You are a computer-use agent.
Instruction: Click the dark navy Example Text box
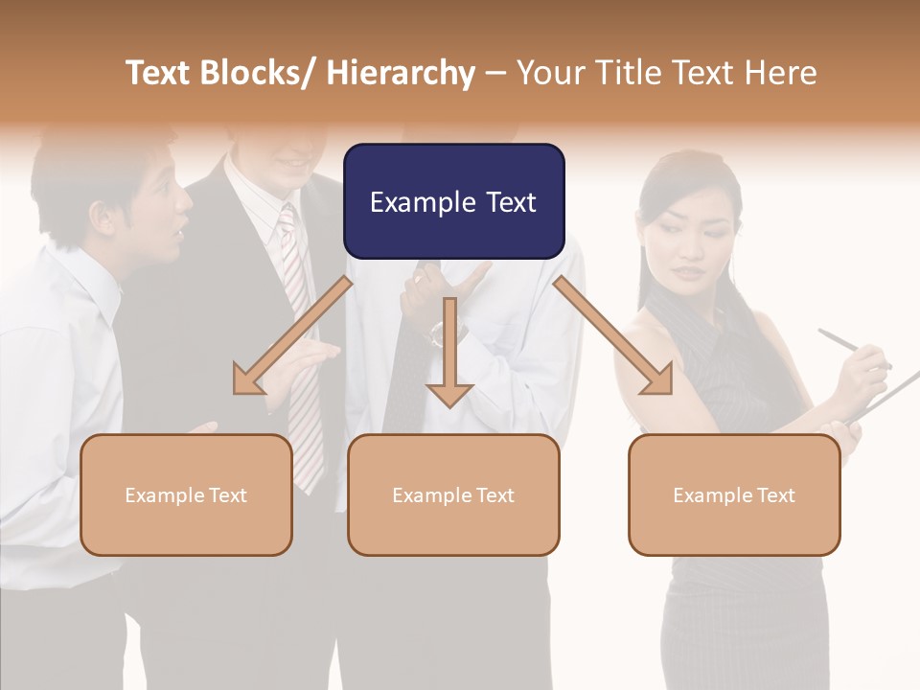click(x=453, y=201)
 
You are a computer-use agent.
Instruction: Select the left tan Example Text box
click(x=186, y=494)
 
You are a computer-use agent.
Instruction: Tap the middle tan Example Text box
click(x=453, y=494)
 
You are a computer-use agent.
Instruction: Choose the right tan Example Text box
click(x=734, y=494)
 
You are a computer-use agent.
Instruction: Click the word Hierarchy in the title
click(x=401, y=73)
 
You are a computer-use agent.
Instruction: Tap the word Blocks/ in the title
click(x=257, y=73)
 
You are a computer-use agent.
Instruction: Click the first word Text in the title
click(x=159, y=73)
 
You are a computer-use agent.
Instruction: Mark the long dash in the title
click(x=495, y=74)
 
